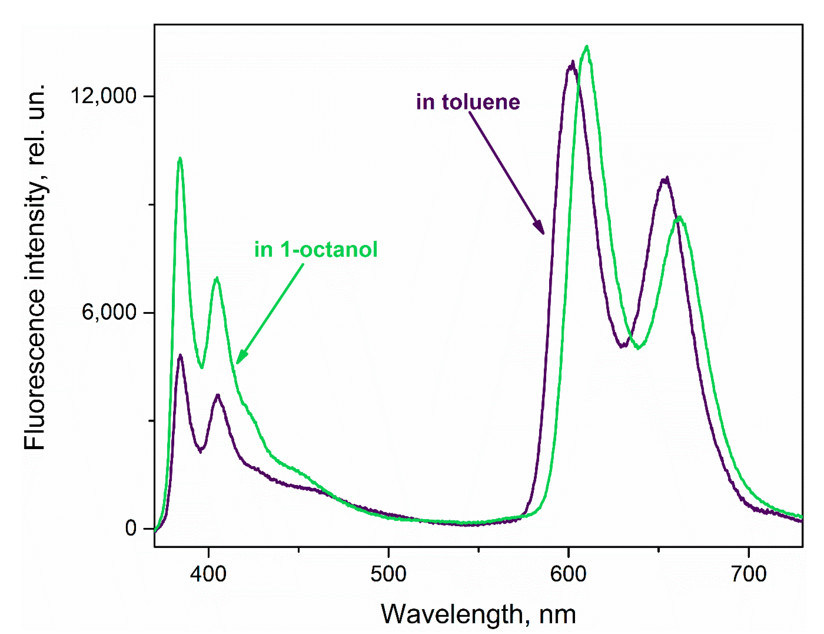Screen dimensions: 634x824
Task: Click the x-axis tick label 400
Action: tap(208, 574)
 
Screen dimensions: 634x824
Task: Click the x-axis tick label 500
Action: tap(388, 574)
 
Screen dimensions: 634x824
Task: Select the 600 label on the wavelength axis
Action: tap(568, 574)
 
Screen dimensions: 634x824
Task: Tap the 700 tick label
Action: tap(749, 574)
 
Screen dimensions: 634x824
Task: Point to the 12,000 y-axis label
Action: tap(103, 96)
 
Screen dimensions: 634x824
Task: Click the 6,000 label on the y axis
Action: tap(109, 312)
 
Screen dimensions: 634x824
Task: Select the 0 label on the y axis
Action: tap(130, 528)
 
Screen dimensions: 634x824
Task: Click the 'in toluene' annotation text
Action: tap(468, 102)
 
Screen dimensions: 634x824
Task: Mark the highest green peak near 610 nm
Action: tap(587, 48)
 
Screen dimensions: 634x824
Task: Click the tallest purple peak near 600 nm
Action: tap(573, 62)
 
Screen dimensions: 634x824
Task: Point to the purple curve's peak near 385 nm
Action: tap(180, 356)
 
